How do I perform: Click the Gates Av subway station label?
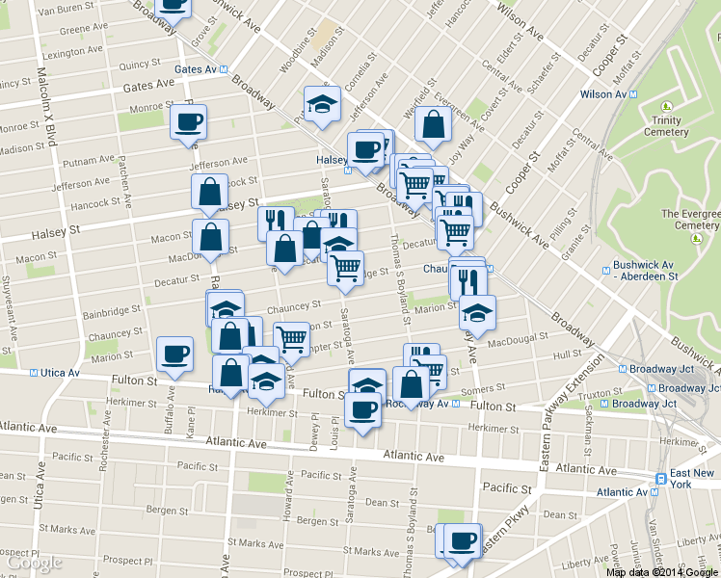tap(196, 69)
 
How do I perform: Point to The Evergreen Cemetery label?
tap(690, 219)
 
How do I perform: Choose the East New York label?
tap(692, 479)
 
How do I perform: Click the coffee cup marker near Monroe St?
tap(188, 121)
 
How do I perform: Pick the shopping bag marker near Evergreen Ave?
tap(434, 124)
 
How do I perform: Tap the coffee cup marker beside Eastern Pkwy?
tap(463, 540)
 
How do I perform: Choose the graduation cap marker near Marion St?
tap(476, 311)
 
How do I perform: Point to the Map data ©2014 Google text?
tap(662, 572)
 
